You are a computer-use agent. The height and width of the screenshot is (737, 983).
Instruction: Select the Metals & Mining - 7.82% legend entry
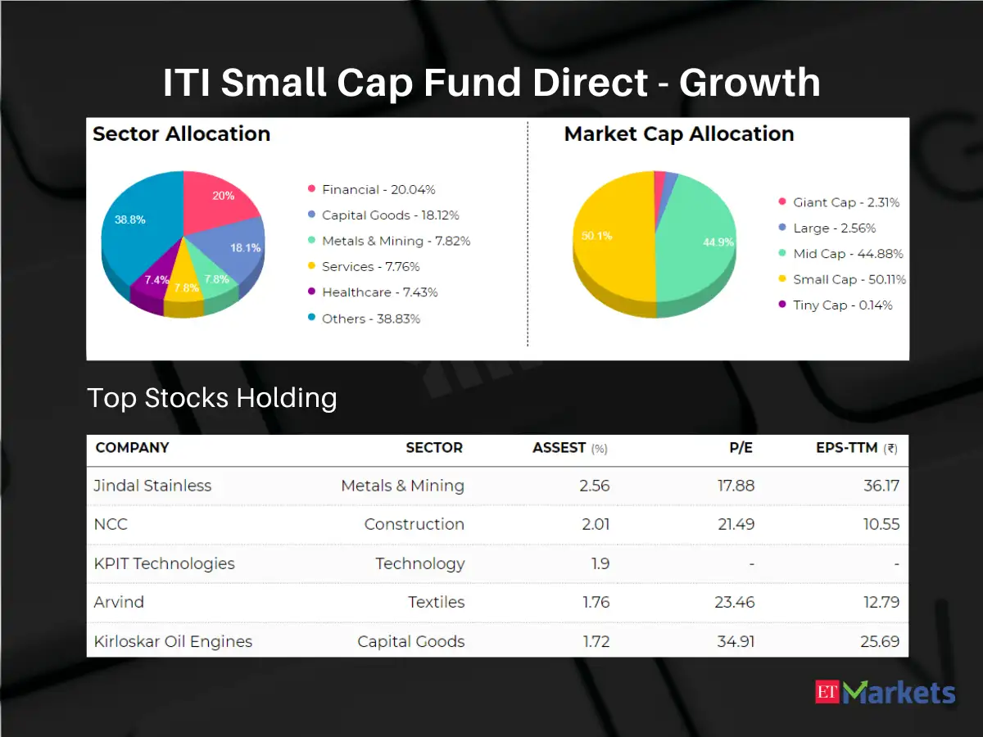tap(388, 241)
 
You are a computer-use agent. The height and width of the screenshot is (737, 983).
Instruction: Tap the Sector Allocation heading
tap(181, 134)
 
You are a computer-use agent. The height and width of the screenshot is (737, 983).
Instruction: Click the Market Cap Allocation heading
tap(679, 134)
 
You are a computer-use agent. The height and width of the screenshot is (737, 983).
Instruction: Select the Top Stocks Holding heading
tap(212, 398)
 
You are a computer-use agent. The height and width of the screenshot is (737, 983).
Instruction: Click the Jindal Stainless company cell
tap(152, 486)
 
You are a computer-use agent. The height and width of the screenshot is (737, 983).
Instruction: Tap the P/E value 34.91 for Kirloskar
tap(736, 641)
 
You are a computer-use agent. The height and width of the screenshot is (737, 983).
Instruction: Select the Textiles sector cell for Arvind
tap(436, 602)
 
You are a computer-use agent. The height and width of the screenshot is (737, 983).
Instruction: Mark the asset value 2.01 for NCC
tap(596, 524)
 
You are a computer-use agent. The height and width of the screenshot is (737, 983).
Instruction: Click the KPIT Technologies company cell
tap(164, 563)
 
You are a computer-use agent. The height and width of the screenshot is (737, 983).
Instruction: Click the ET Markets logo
tap(886, 693)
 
